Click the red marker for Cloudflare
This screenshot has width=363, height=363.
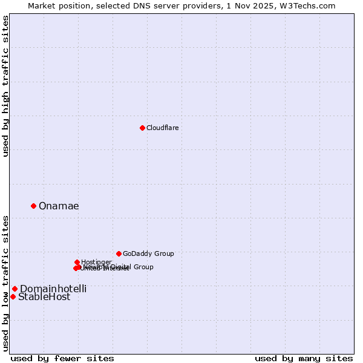(142, 128)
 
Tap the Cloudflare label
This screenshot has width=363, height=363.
(162, 128)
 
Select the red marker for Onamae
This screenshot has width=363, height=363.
(33, 206)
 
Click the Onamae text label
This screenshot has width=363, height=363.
(59, 206)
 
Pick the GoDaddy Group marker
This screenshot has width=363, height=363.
(119, 253)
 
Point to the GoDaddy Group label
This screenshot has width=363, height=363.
(148, 254)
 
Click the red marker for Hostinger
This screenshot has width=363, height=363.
(77, 262)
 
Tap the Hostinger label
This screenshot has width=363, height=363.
(96, 262)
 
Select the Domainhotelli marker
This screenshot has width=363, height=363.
(15, 289)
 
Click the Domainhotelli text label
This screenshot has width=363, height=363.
(53, 289)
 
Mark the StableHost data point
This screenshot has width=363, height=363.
(13, 296)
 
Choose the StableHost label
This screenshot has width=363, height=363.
(44, 297)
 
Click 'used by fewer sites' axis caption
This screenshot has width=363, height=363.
(62, 358)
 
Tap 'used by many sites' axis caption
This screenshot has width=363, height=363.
(304, 358)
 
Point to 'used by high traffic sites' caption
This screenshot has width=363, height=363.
(6, 86)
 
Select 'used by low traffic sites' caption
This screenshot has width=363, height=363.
(6, 282)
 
